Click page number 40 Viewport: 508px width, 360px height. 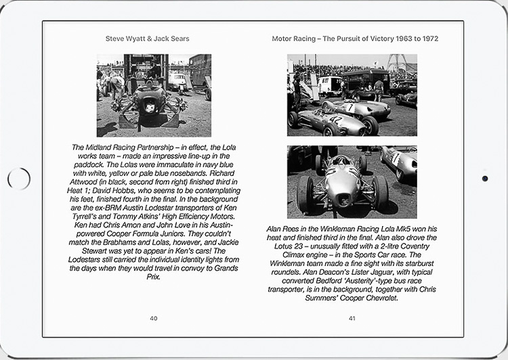coord(154,318)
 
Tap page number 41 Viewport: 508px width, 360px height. coord(352,318)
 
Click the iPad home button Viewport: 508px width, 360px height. coord(18,179)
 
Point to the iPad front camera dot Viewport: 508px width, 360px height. coord(485,179)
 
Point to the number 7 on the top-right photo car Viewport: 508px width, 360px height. coord(350,107)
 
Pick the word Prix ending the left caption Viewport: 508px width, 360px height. coord(154,277)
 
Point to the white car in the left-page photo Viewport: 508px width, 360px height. coord(177,81)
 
